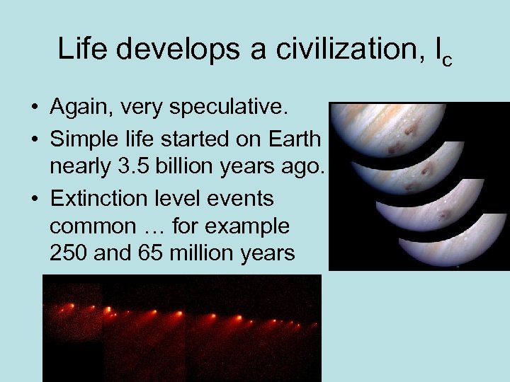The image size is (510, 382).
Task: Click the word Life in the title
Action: point(85,49)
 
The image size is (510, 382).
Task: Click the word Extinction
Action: point(99,199)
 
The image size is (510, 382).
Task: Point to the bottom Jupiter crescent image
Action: point(453,244)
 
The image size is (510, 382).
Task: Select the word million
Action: point(212,254)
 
